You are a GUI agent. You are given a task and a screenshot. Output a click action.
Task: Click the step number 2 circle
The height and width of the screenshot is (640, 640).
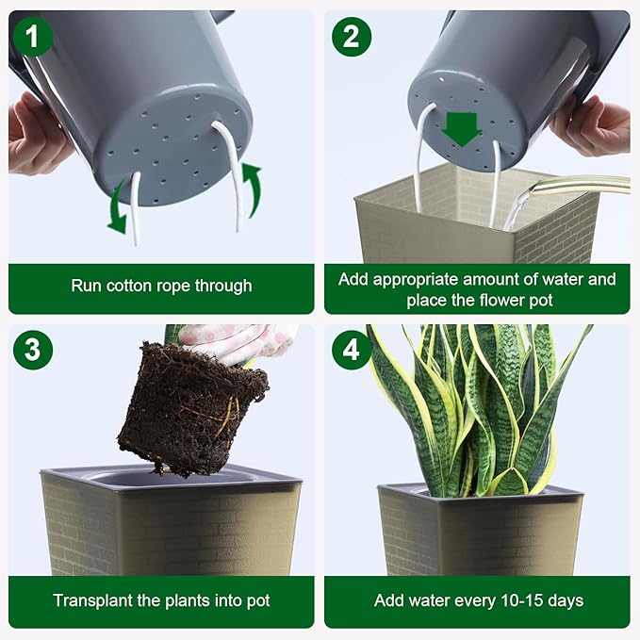pyautogui.click(x=351, y=37)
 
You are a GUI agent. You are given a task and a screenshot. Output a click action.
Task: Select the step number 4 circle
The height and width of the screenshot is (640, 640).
pyautogui.click(x=351, y=350)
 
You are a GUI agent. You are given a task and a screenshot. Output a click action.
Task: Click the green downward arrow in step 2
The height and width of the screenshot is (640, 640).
pyautogui.click(x=461, y=128)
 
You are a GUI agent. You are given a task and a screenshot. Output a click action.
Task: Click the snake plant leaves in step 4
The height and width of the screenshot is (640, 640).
pyautogui.click(x=481, y=405)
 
